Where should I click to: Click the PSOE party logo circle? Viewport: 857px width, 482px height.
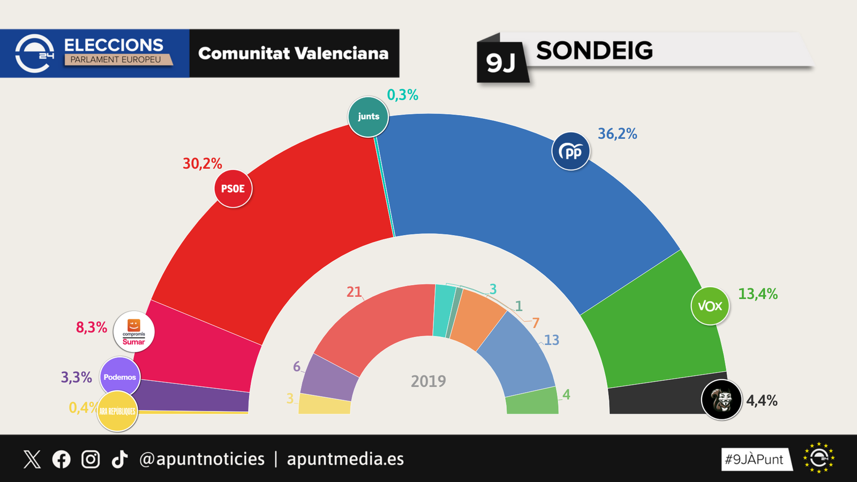click(x=233, y=189)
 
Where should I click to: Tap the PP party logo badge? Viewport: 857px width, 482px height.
click(x=571, y=152)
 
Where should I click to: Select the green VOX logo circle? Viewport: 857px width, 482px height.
click(x=710, y=306)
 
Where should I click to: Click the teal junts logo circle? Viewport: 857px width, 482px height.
click(x=369, y=116)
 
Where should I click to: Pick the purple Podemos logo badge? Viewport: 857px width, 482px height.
click(x=120, y=377)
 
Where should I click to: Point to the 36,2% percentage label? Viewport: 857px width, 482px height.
click(x=617, y=134)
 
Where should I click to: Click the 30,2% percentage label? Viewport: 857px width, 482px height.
click(x=202, y=163)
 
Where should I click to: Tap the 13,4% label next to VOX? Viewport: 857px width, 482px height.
click(x=757, y=294)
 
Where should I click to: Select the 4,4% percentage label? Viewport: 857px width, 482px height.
click(x=761, y=401)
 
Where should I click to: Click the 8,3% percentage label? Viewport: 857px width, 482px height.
click(x=92, y=327)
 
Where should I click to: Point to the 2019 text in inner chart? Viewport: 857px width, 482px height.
click(x=428, y=381)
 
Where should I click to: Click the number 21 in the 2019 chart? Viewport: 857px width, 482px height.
click(x=354, y=292)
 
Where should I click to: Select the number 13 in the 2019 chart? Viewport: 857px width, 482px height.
click(x=551, y=340)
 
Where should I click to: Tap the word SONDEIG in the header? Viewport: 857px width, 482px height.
click(x=595, y=51)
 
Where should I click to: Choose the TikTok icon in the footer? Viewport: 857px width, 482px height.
click(x=119, y=459)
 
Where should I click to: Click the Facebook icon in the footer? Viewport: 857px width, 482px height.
click(x=61, y=459)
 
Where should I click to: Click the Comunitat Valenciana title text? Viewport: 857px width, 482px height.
click(x=293, y=54)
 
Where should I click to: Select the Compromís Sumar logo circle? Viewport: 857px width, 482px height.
click(x=134, y=332)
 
